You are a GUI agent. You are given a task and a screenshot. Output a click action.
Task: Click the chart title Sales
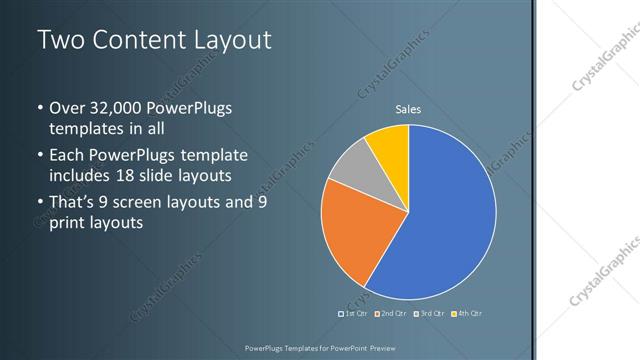pyautogui.click(x=408, y=108)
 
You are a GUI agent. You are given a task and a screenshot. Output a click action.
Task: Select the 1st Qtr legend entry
pyautogui.click(x=355, y=314)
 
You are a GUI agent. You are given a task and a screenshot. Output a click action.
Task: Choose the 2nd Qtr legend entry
pyautogui.click(x=391, y=314)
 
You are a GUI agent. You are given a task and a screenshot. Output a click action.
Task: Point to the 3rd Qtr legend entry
pyautogui.click(x=429, y=314)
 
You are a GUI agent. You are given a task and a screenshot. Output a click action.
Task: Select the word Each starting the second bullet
pyautogui.click(x=66, y=156)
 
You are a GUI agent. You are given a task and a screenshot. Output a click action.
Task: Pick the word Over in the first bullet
pyautogui.click(x=67, y=108)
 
